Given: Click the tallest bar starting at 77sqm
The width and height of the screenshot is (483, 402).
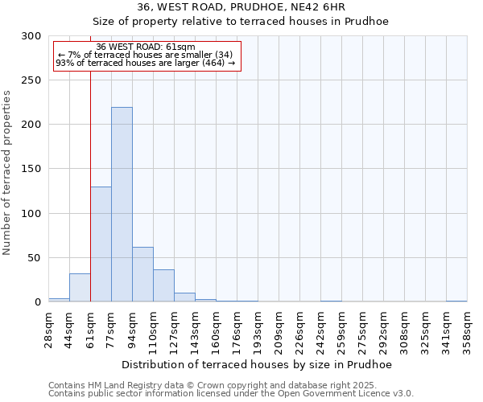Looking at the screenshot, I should pyautogui.click(x=122, y=205).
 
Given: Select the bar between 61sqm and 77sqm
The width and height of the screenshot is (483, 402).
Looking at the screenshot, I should pyautogui.click(x=101, y=244).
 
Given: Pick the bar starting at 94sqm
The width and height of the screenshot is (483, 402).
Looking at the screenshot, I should pyautogui.click(x=142, y=275).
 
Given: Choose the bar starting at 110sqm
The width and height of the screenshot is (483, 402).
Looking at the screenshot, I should pyautogui.click(x=163, y=286).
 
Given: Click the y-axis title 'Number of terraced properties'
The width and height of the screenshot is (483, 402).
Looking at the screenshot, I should pyautogui.click(x=7, y=172).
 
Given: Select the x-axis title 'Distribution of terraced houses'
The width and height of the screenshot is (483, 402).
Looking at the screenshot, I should pyautogui.click(x=258, y=365).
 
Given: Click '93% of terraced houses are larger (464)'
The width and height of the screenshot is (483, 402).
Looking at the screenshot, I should pyautogui.click(x=145, y=63).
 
